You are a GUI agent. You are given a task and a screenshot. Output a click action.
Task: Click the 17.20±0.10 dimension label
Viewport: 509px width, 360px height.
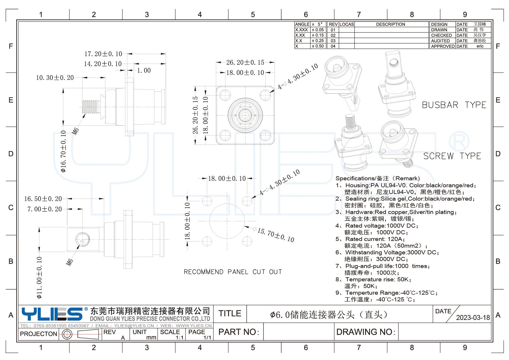103,54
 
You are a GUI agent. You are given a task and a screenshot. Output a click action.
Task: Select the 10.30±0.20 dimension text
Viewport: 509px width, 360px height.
55,78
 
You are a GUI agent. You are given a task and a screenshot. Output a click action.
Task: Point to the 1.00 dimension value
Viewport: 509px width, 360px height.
144,71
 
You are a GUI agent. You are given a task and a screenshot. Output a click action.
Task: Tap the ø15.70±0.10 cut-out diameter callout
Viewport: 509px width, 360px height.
276,235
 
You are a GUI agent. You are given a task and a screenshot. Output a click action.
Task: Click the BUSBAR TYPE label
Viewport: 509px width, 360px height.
454,105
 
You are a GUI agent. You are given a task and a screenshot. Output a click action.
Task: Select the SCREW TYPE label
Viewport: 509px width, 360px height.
452,156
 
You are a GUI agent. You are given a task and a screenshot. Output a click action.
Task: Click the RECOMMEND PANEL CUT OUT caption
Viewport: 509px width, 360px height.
233,272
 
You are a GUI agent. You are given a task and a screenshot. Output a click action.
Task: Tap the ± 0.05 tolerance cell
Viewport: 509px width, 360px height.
318,30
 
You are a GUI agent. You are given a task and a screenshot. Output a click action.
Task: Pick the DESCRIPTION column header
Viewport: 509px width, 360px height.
390,24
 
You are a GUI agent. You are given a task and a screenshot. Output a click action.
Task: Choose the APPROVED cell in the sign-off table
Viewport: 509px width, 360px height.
442,46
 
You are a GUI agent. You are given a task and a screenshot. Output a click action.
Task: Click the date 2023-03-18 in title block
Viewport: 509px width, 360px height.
473,317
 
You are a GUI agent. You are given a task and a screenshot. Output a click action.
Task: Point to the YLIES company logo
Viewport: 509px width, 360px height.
53,314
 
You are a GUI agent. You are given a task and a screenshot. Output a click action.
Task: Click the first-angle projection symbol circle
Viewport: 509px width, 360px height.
67,334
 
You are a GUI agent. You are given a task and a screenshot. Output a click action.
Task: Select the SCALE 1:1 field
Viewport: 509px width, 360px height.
172,334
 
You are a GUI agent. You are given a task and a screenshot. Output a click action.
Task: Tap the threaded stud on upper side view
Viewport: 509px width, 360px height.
91,107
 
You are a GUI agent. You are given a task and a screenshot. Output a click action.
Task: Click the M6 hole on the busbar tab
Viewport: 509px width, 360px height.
83,240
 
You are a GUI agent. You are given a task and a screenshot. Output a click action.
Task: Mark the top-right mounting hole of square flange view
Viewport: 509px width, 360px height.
265,95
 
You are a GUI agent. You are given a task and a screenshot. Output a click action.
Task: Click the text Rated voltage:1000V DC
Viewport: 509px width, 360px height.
381,226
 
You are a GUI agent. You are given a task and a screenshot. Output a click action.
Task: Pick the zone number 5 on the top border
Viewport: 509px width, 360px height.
253,15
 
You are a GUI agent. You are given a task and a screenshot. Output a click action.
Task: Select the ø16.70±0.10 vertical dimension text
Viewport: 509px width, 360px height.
63,151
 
